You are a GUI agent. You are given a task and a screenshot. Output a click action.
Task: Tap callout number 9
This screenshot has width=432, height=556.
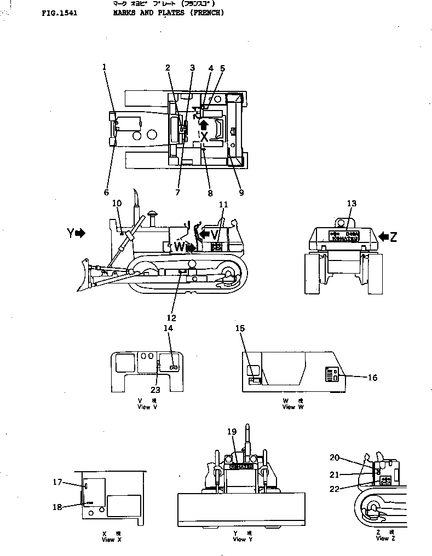[241, 193]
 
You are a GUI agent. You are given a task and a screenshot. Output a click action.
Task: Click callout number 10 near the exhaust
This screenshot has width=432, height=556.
[116, 203]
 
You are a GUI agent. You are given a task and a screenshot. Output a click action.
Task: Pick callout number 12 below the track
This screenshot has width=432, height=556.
[171, 317]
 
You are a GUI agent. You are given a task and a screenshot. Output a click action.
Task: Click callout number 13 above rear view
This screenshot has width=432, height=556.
[352, 204]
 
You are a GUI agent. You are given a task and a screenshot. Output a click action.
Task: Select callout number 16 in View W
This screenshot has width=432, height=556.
[372, 378]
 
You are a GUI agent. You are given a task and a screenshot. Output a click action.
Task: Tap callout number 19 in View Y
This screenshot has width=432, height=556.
[232, 432]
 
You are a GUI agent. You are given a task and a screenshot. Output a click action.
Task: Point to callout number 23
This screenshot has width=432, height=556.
[156, 390]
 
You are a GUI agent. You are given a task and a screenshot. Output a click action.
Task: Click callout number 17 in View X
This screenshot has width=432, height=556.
[57, 482]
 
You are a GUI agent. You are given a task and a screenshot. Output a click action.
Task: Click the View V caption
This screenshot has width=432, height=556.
[144, 407]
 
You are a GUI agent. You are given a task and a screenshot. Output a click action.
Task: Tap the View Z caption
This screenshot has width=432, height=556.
[382, 538]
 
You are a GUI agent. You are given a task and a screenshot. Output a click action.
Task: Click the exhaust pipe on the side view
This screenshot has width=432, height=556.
[136, 200]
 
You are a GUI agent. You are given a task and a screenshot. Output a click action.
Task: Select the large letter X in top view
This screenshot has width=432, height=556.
[204, 136]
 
